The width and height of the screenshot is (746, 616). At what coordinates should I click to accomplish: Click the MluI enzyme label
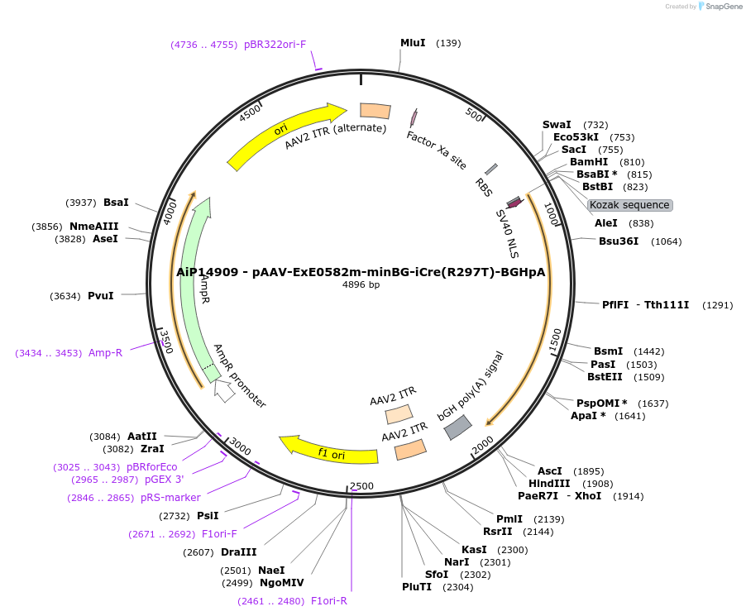413,43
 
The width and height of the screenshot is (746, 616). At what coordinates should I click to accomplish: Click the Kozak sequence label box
629,205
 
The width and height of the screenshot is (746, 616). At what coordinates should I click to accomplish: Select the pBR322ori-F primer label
275,45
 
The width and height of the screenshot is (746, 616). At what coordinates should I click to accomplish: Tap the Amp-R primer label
105,353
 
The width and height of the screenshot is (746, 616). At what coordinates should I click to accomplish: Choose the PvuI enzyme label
100,294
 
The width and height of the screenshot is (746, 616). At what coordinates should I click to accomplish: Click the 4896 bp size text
361,285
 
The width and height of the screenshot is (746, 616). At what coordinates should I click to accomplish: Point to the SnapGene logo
720,7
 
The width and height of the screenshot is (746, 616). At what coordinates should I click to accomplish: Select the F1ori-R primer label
328,601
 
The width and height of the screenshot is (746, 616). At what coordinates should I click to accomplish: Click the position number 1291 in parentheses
717,305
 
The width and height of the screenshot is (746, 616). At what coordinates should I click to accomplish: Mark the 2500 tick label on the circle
362,485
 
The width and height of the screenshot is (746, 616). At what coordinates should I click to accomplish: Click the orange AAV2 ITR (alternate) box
375,111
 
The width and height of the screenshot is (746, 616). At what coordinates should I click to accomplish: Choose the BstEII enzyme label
605,377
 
